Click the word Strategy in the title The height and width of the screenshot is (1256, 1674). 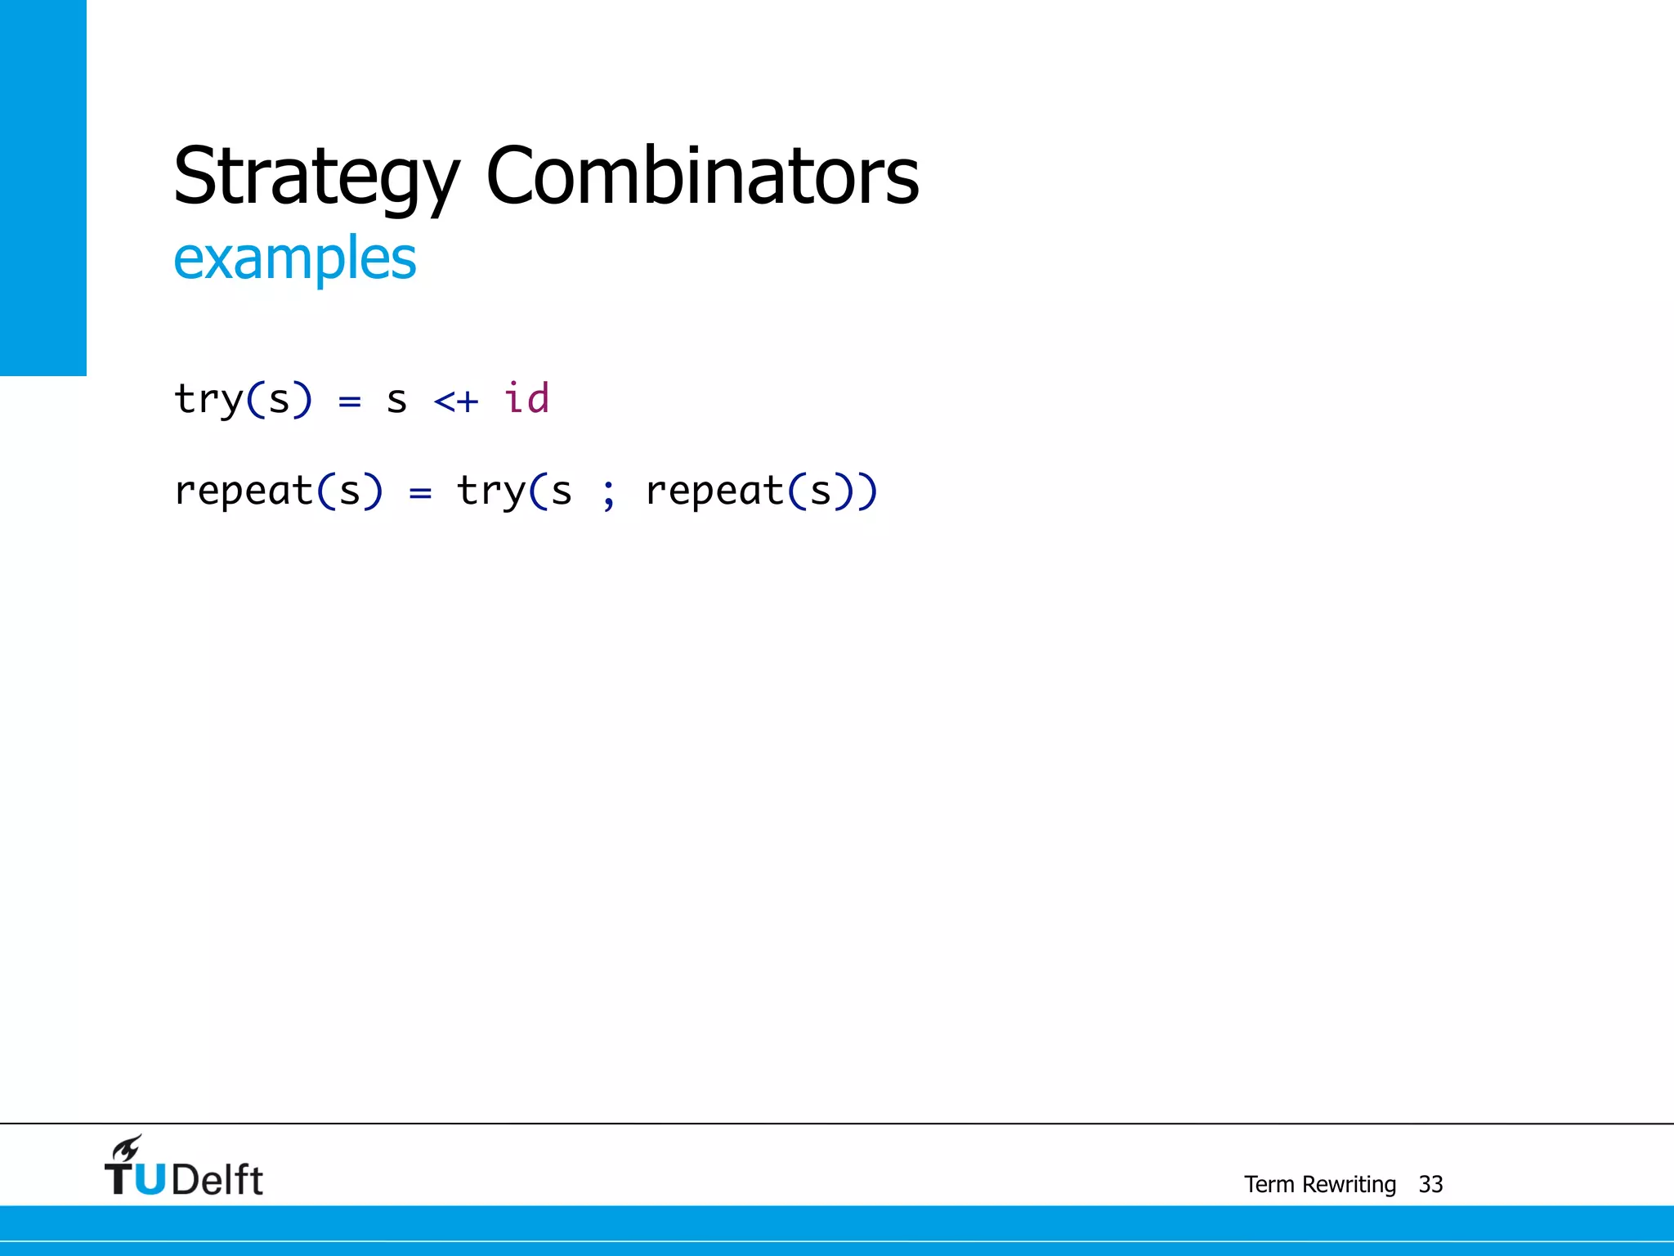tap(316, 177)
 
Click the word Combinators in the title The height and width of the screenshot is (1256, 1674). tap(702, 177)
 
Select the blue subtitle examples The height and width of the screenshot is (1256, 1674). tap(294, 258)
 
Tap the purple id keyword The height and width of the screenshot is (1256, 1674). tap(526, 399)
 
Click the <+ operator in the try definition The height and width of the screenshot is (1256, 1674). tap(456, 401)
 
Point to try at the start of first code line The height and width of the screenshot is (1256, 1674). tap(209, 401)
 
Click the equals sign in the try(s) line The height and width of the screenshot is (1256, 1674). tap(350, 401)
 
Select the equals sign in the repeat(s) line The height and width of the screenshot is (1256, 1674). tap(420, 493)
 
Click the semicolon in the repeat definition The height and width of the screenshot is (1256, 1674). tap(608, 493)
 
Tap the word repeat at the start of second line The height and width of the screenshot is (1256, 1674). tap(244, 492)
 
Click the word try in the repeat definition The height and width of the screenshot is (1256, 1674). tap(490, 492)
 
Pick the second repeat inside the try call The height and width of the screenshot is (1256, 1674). tap(714, 492)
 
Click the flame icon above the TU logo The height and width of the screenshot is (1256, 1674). tap(128, 1148)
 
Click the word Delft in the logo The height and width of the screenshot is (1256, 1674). tap(217, 1180)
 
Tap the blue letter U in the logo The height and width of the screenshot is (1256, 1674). tap(149, 1179)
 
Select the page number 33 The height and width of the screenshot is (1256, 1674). tap(1430, 1184)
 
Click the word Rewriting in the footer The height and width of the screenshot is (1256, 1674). tap(1349, 1184)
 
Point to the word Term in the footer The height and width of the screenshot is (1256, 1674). tap(1269, 1184)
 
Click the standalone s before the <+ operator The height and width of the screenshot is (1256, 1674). tap(396, 401)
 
